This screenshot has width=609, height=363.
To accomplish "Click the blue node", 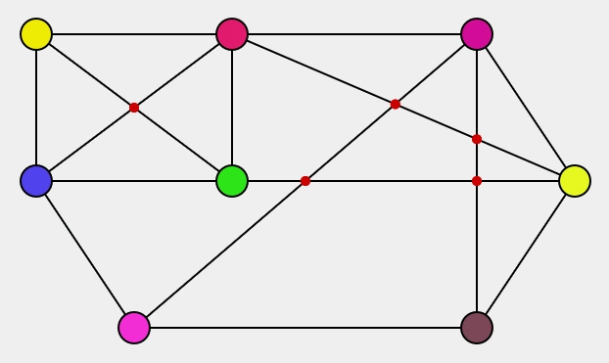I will [36, 181].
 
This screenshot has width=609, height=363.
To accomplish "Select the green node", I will [232, 181].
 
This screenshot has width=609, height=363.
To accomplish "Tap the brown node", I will [477, 328].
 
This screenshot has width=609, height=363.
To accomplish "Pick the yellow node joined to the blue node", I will [36, 34].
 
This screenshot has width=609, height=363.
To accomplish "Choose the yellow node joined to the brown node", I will [575, 181].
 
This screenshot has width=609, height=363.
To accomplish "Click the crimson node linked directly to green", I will [232, 34].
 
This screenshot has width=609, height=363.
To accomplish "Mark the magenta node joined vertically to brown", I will [477, 34].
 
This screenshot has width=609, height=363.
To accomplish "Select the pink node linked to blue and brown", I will [134, 328].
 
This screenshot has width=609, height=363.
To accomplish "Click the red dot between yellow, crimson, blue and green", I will [134, 108].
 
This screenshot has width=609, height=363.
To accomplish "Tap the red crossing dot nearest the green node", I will [305, 181].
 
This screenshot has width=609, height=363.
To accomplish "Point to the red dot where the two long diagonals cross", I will [396, 104].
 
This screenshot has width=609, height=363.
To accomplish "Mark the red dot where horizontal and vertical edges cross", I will [477, 181].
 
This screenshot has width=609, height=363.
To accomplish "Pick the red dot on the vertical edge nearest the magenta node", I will [477, 139].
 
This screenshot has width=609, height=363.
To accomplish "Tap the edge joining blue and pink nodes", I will [85, 254].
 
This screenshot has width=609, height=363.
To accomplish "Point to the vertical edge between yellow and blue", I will [36, 108].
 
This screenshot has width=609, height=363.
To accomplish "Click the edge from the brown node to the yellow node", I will [526, 254].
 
